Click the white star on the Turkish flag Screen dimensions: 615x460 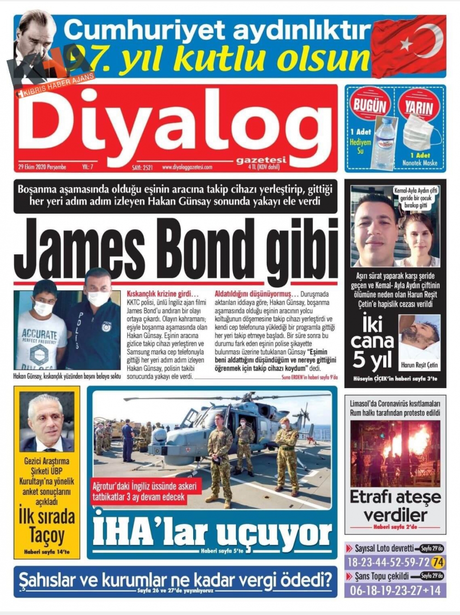tap(406, 44)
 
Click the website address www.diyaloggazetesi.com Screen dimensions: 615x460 tap(187, 167)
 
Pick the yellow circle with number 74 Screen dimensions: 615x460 tap(438, 562)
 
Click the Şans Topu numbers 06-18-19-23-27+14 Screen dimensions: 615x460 tap(395, 590)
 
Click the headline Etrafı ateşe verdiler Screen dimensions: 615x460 tap(396, 506)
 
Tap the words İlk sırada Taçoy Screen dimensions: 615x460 tap(46, 525)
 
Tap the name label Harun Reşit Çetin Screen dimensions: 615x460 tap(420, 365)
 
